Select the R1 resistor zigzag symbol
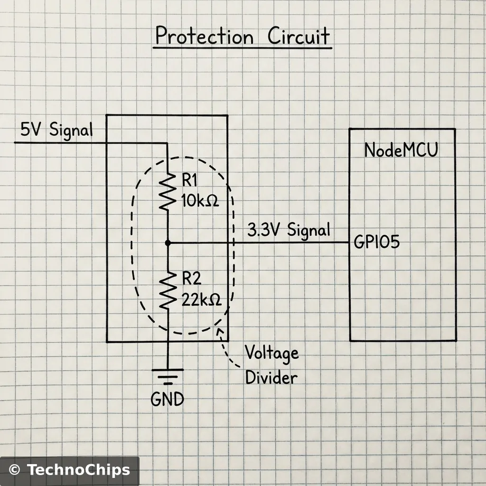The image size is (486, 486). coord(168,191)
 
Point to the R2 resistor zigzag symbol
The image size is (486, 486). coord(168,291)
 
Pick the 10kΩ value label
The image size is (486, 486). coord(199,201)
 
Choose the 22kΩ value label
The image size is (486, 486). coord(201,300)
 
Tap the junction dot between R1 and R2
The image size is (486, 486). coord(168,243)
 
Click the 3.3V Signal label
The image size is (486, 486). coord(289,231)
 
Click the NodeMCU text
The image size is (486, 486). coord(401,150)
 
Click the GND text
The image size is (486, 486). coord(167,399)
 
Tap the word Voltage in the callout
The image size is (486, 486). coord(271,354)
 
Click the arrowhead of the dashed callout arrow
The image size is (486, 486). coord(219,330)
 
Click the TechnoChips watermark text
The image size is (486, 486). coord(78,470)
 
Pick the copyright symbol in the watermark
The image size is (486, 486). coord(15,470)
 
